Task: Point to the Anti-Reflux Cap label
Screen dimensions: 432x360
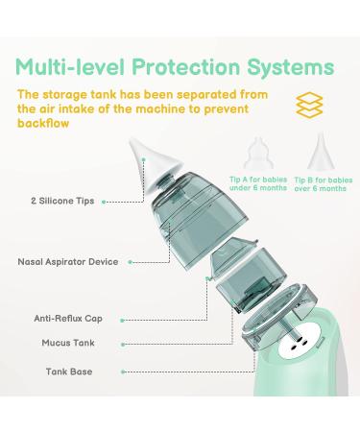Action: (x=67, y=314)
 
